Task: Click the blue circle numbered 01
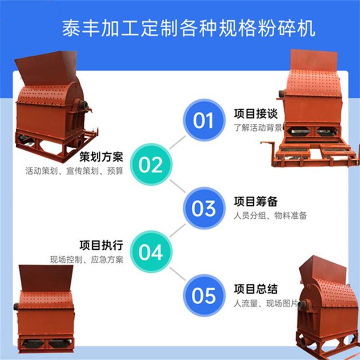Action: coord(203,120)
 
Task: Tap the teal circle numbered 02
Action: coord(150,165)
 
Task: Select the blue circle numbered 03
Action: coord(203,208)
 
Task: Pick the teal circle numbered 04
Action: coord(150,252)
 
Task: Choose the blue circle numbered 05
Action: coord(203,296)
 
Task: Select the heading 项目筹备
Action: coord(256,201)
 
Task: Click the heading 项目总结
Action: coord(256,288)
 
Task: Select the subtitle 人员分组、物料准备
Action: coord(270,216)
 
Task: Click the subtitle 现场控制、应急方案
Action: coord(86,260)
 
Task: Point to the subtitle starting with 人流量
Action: coord(265,303)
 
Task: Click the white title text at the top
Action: coord(189,28)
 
